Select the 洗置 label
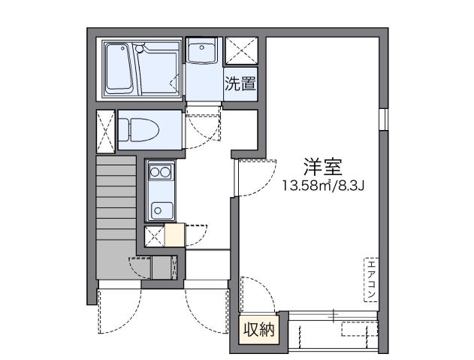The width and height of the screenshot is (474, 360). [x=240, y=83]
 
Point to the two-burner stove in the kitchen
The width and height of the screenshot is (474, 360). [x=159, y=173]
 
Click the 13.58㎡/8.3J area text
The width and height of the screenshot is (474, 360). [x=323, y=185]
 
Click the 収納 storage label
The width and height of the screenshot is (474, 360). [x=257, y=329]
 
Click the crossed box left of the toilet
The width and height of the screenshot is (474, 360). [x=106, y=131]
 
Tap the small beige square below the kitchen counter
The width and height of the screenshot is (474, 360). [x=174, y=235]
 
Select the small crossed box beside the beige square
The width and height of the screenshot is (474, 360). [x=153, y=235]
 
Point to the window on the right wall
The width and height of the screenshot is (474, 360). [x=382, y=119]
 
